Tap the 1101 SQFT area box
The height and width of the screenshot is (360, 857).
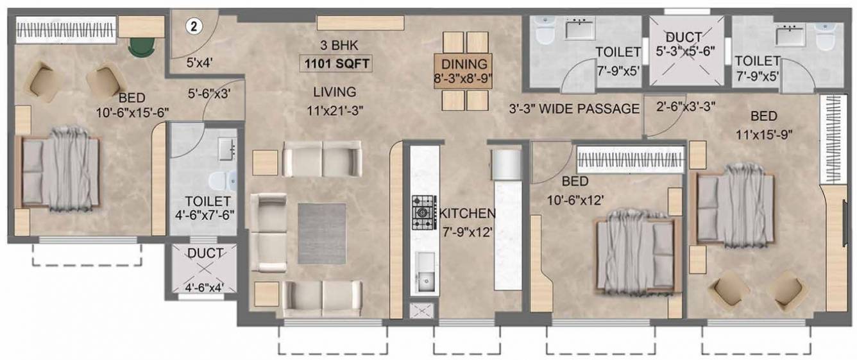click(337, 64)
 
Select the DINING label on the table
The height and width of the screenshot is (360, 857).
click(466, 64)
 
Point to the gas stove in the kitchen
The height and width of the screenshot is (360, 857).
click(423, 212)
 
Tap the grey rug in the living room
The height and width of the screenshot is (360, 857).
click(321, 233)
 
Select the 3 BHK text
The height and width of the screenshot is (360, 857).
click(338, 46)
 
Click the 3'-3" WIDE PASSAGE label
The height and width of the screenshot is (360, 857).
click(574, 108)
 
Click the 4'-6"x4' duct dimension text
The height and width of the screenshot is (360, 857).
click(204, 287)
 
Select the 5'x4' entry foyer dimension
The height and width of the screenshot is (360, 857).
click(199, 64)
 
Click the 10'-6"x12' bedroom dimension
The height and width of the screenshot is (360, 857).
click(575, 200)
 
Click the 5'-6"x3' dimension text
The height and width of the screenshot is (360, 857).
click(209, 92)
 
